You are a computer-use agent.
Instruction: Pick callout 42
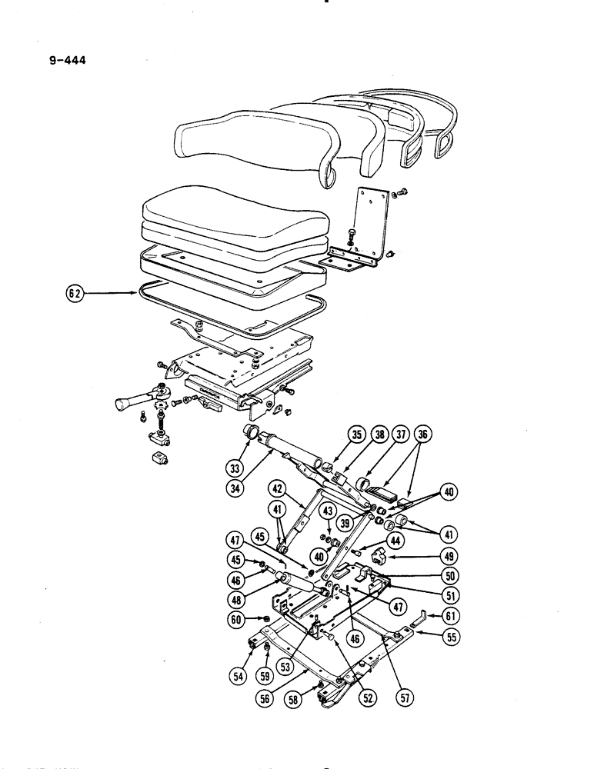click(278, 486)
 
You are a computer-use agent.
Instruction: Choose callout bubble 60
click(237, 619)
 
